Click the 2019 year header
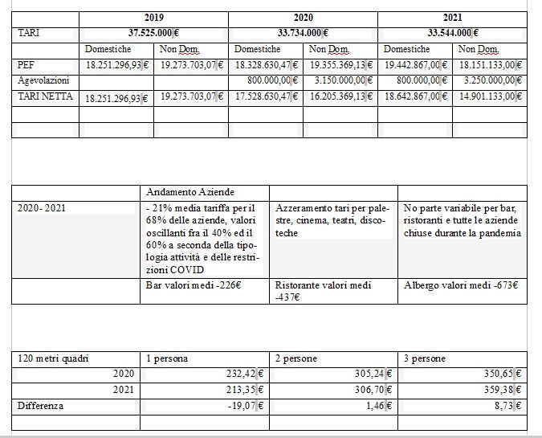click(x=153, y=17)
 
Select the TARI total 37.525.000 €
click(x=153, y=33)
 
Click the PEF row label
click(x=26, y=65)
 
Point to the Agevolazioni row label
click(x=44, y=80)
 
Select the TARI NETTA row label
click(x=46, y=96)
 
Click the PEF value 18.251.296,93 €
click(x=118, y=65)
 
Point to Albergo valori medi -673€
click(x=460, y=284)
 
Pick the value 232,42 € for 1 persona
click(x=247, y=374)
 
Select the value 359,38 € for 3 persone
click(x=503, y=390)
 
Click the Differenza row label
click(x=40, y=406)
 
